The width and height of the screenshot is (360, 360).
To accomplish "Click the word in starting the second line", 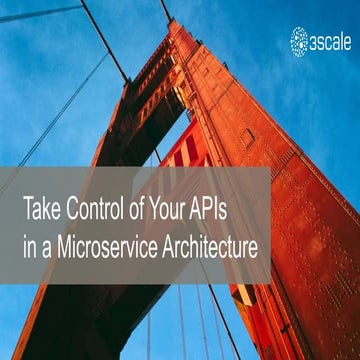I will (x=30, y=242).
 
